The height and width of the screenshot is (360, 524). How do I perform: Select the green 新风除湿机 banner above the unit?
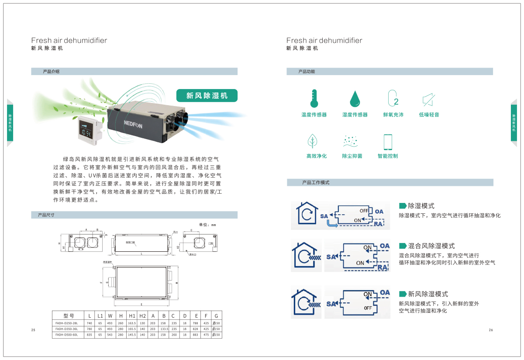pyautogui.click(x=207, y=96)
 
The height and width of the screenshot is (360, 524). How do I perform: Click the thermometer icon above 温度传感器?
pyautogui.click(x=314, y=99)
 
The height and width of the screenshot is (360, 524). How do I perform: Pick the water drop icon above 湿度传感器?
pyautogui.click(x=355, y=99)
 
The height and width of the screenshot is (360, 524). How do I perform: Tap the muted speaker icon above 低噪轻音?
pyautogui.click(x=428, y=100)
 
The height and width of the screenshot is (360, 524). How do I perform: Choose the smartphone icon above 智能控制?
pyautogui.click(x=387, y=142)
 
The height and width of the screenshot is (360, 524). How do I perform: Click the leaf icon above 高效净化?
pyautogui.click(x=313, y=141)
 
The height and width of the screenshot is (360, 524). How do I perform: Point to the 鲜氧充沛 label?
pyautogui.click(x=393, y=115)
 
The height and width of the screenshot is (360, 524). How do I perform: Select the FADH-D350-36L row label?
pyautogui.click(x=66, y=329)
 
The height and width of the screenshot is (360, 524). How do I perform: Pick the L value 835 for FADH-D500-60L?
pyautogui.click(x=90, y=335)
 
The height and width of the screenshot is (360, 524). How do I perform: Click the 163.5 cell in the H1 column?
pyautogui.click(x=132, y=322)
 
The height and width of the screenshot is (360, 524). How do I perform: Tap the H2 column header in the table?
pyautogui.click(x=142, y=315)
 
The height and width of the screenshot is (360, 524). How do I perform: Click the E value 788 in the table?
pyautogui.click(x=195, y=322)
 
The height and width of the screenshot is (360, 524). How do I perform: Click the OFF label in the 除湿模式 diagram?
pyautogui.click(x=364, y=211)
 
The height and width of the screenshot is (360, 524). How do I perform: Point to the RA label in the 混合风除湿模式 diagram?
pyautogui.click(x=382, y=267)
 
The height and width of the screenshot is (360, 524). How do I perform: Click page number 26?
pyautogui.click(x=491, y=330)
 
